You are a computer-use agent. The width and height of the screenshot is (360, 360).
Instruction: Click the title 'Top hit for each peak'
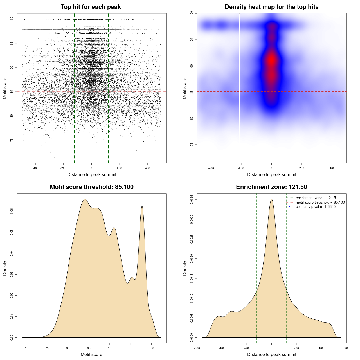click(x=91, y=7)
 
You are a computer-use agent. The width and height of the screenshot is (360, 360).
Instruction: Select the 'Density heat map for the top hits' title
click(x=271, y=7)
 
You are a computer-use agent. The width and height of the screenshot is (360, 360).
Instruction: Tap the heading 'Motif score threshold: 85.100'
click(x=91, y=187)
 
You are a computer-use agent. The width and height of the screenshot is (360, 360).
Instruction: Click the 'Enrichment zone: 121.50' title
click(x=271, y=187)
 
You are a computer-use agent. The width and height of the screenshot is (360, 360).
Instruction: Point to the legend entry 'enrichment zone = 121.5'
click(x=316, y=198)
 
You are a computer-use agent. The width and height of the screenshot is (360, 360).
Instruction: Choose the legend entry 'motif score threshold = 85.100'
click(x=320, y=202)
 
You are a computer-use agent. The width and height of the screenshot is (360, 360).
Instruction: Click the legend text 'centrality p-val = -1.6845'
click(x=316, y=207)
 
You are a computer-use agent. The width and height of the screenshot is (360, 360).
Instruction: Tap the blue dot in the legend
click(x=289, y=207)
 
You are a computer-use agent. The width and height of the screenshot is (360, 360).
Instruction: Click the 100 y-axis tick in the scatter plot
click(x=12, y=19)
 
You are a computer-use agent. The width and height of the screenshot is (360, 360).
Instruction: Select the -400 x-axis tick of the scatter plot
click(x=35, y=168)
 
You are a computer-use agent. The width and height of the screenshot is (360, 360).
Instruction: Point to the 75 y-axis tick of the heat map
click(x=192, y=144)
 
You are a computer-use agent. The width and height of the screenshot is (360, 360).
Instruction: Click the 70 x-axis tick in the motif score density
click(x=26, y=348)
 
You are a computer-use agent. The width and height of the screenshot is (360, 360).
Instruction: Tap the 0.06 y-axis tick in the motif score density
click(x=12, y=211)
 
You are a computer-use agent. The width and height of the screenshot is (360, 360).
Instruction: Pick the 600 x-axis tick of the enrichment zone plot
click(x=346, y=348)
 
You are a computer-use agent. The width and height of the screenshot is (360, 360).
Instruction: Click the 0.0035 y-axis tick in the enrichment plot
click(x=192, y=200)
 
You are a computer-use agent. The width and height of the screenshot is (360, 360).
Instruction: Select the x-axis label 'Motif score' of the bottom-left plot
click(x=91, y=354)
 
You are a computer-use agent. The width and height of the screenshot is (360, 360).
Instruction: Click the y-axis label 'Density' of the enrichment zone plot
click(x=185, y=268)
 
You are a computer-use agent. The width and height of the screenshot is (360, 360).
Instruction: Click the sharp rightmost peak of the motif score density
click(x=142, y=206)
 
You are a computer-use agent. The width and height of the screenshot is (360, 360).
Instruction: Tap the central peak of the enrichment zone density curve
click(x=271, y=199)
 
